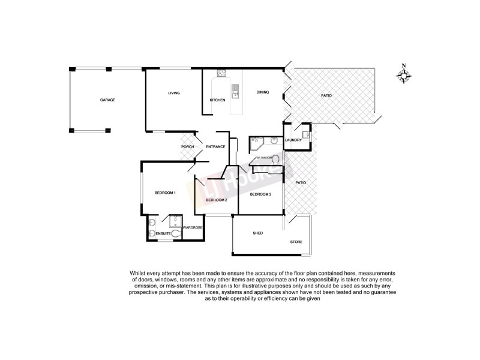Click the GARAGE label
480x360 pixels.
tap(107, 100)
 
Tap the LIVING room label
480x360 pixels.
tap(174, 93)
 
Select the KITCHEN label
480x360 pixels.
tap(217, 100)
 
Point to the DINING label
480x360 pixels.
tap(263, 92)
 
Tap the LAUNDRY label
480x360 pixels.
tap(293, 140)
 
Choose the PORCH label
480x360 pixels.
tap(188, 147)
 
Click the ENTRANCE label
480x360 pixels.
tap(215, 147)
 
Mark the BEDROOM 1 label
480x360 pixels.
tap(165, 193)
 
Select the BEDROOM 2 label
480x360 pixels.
tap(216, 200)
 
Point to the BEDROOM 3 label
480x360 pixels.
tap(260, 194)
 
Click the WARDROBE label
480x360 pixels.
tap(193, 228)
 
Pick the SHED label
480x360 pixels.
tap(259, 233)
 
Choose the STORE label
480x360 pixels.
tap(296, 242)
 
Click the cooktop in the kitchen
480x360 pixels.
tap(220, 75)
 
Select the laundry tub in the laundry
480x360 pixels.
tap(305, 134)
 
